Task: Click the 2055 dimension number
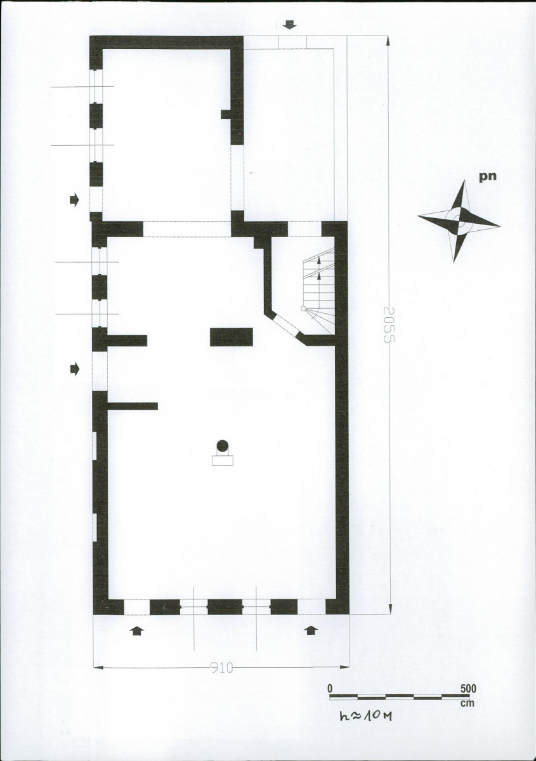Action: [x=388, y=325]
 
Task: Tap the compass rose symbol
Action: [x=459, y=221]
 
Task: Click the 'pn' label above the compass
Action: [x=487, y=177]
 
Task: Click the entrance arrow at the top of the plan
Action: [x=289, y=25]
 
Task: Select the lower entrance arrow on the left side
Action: [x=74, y=368]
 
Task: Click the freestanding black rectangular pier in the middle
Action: [x=231, y=337]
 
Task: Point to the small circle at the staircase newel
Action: [x=303, y=308]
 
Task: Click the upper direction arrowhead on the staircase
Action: [x=319, y=261]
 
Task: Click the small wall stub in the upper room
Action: [x=226, y=114]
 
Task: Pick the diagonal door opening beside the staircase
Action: [x=286, y=325]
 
